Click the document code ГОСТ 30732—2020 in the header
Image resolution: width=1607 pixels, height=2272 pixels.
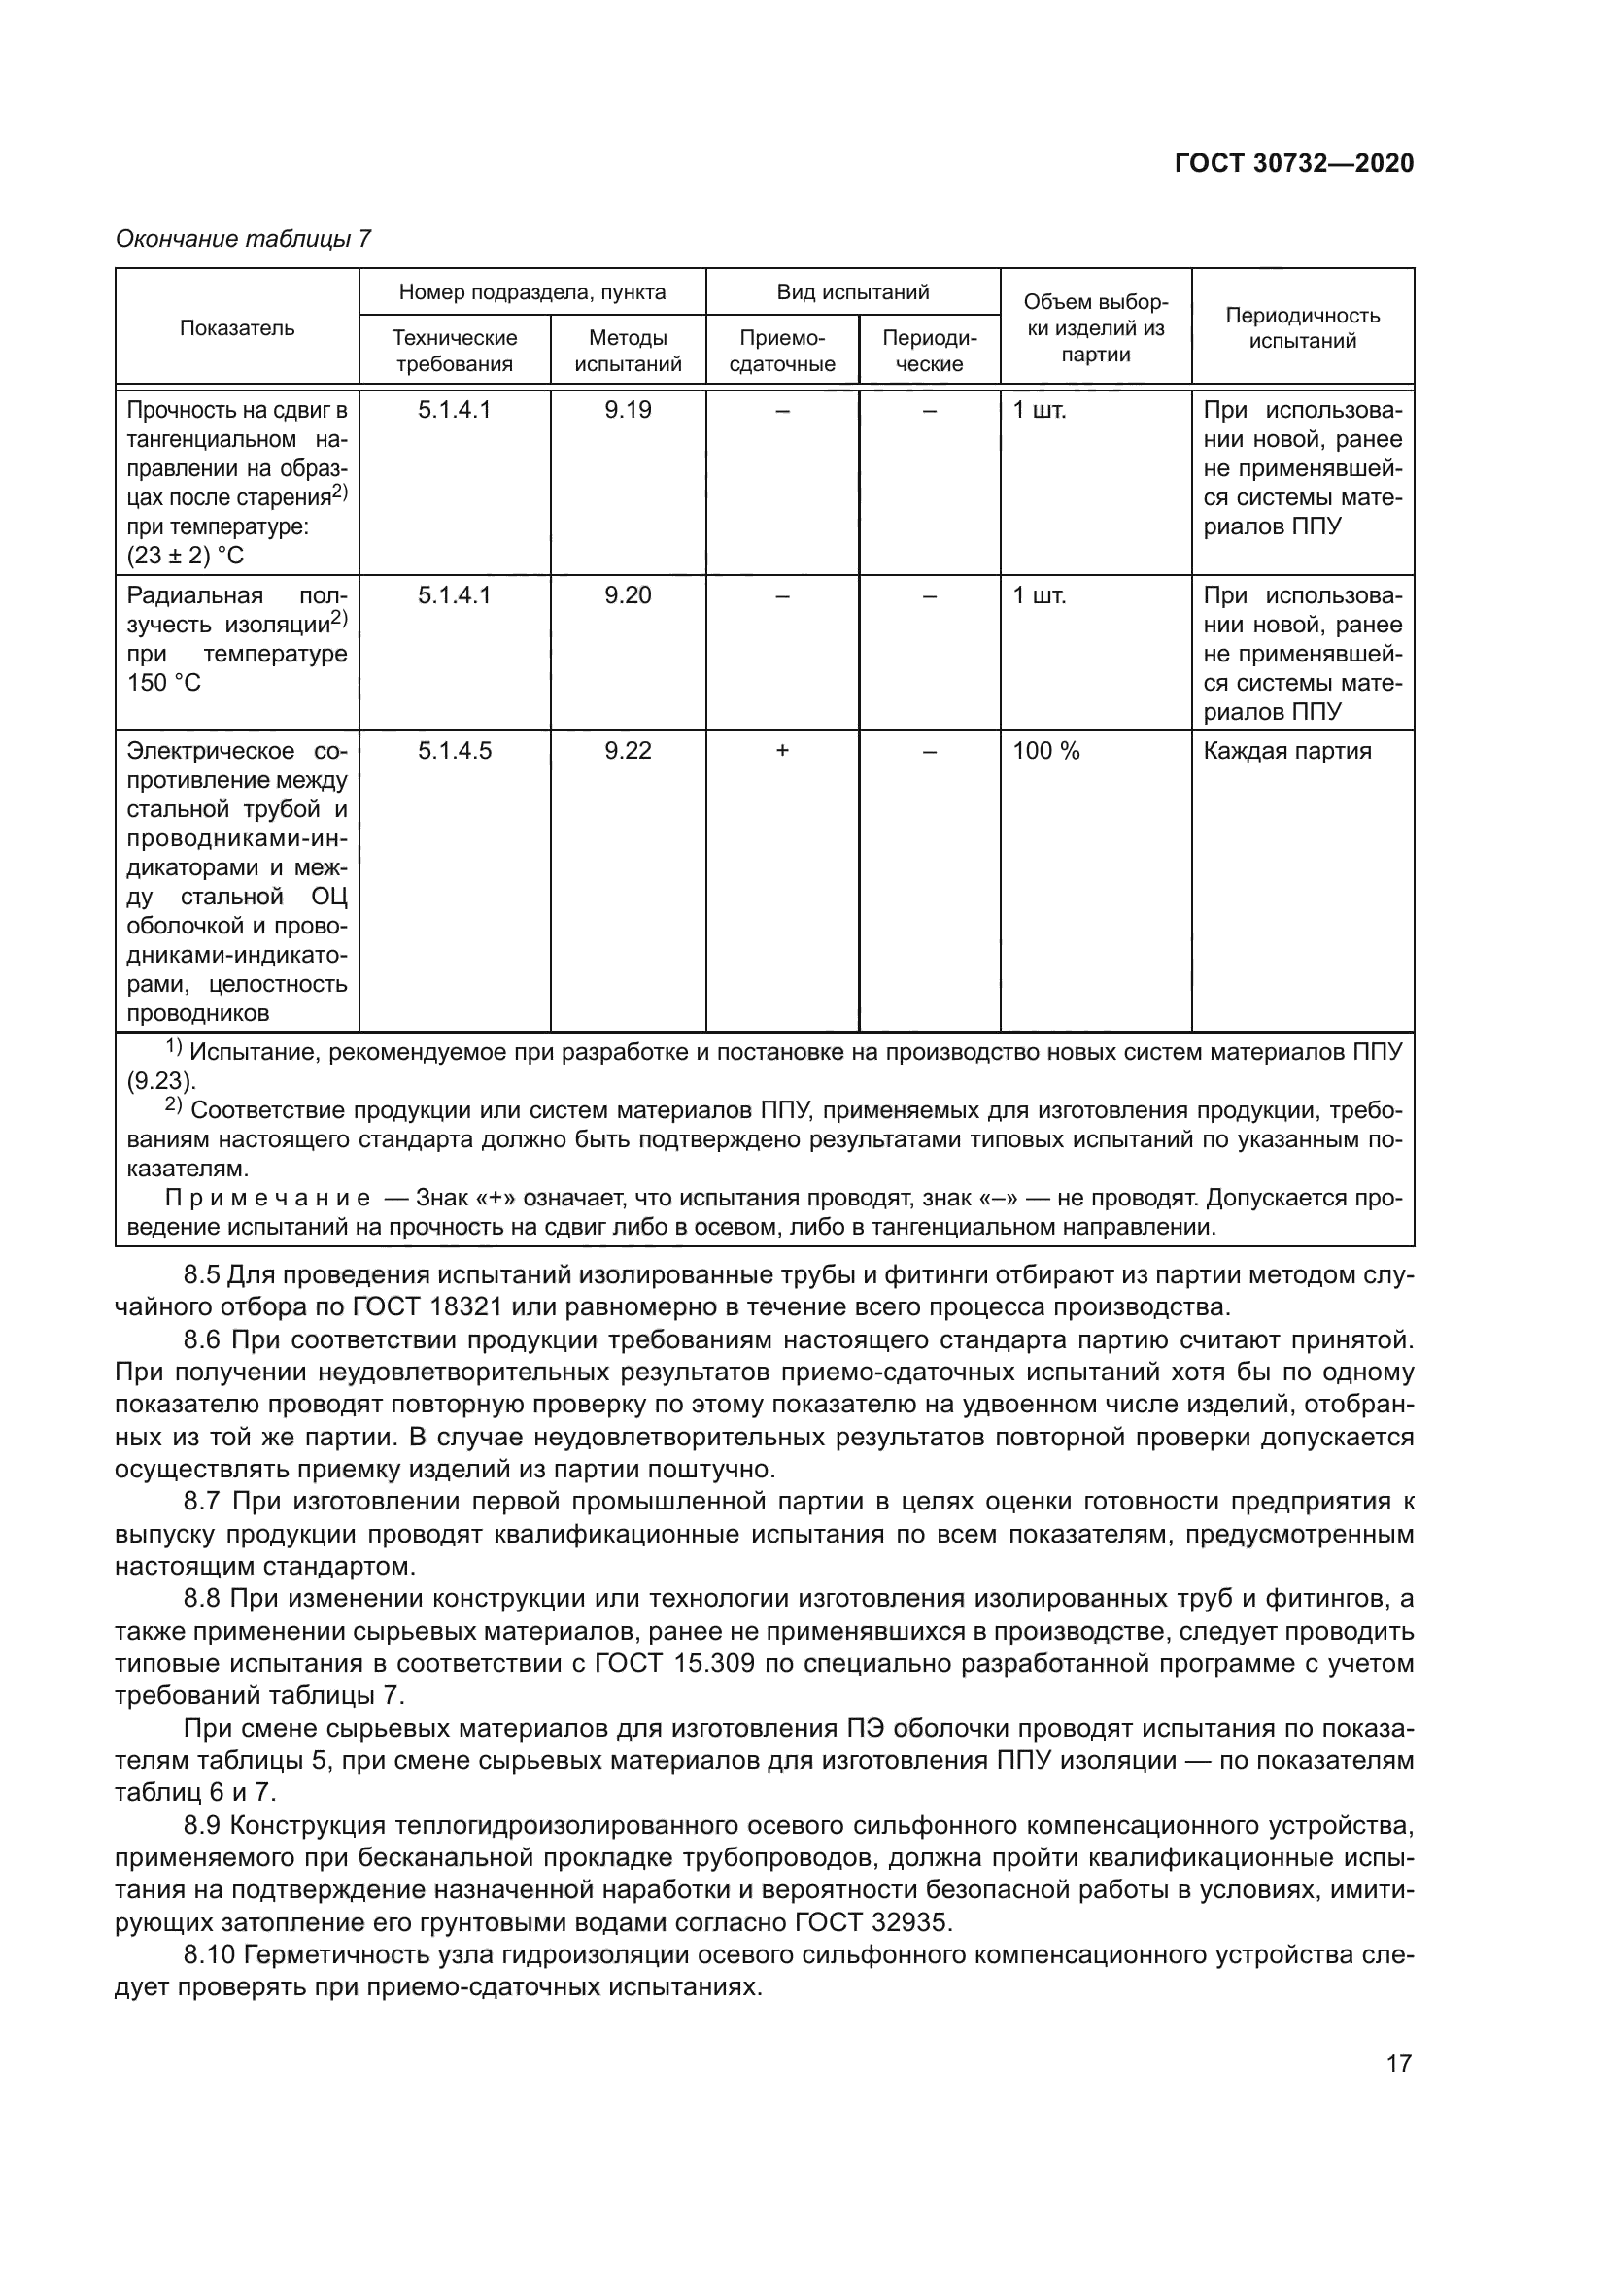tap(1293, 163)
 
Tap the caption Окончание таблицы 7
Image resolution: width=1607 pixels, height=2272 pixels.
tap(243, 239)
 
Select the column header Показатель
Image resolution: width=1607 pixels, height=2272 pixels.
tap(236, 327)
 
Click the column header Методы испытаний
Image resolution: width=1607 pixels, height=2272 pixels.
tap(628, 351)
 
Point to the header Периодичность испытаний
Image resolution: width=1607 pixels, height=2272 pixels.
tap(1301, 327)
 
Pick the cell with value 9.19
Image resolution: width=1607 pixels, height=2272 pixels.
tap(628, 410)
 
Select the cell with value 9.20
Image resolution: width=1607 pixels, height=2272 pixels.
tap(628, 594)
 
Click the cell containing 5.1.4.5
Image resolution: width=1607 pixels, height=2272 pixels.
tap(454, 750)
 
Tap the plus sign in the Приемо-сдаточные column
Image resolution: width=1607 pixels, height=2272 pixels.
tap(782, 750)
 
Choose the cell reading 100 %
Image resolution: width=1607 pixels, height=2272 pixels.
tap(1046, 750)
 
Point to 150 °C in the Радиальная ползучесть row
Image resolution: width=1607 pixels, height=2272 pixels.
tap(164, 683)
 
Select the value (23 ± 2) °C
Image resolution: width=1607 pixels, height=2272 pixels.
tap(185, 556)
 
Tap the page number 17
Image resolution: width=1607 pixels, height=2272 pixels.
tap(1398, 2063)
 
